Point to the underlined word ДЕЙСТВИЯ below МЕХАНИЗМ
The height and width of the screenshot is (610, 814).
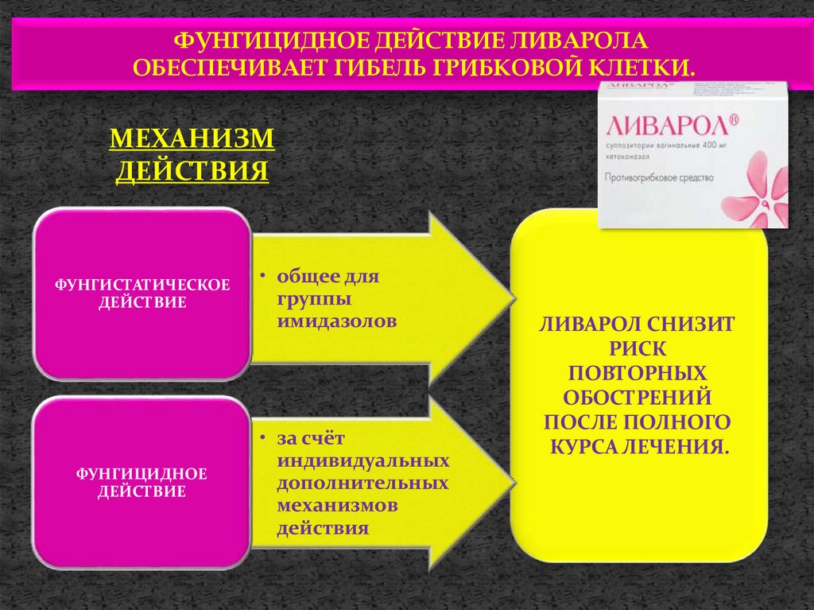tap(192, 171)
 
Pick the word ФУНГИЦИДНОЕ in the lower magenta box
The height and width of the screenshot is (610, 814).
tap(141, 474)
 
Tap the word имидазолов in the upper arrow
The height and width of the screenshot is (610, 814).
tap(337, 321)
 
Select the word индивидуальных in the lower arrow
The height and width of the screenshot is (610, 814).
tap(363, 460)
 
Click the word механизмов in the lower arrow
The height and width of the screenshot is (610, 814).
tap(338, 506)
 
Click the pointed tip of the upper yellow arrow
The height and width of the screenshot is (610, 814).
tap(512, 300)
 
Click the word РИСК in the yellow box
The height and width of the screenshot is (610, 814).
tap(638, 348)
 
